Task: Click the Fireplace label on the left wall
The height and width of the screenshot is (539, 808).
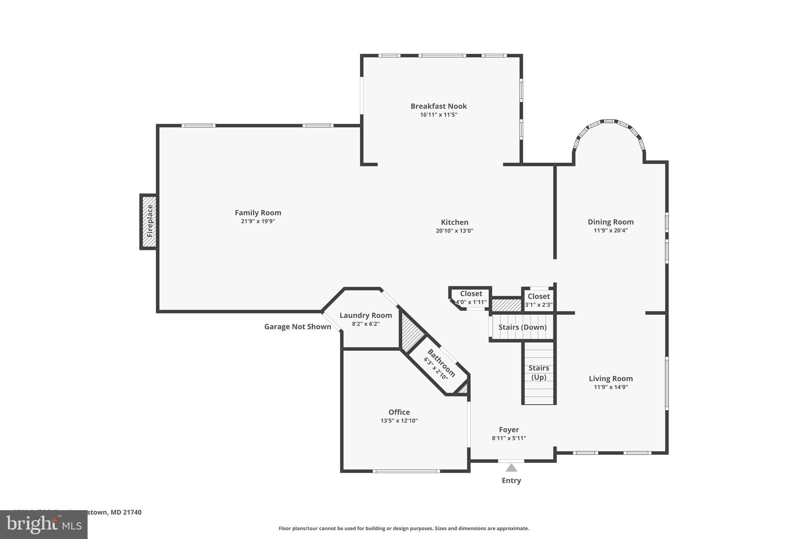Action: [150, 221]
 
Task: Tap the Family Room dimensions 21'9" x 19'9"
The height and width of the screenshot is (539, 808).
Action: [258, 222]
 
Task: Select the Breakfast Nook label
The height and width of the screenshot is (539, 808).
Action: [438, 106]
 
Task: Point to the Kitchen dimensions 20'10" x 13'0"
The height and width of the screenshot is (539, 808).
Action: [454, 231]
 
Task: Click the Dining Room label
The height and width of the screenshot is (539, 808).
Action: [610, 222]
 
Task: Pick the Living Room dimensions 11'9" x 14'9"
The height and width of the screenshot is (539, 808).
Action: [610, 387]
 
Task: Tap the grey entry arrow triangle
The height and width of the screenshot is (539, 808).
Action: [511, 468]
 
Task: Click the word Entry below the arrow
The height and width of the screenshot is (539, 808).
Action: [511, 481]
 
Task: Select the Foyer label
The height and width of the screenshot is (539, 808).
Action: [509, 430]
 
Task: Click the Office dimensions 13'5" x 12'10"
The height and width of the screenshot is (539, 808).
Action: [399, 421]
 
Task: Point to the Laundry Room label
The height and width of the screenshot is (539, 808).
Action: [366, 315]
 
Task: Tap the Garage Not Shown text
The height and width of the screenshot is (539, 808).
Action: [297, 327]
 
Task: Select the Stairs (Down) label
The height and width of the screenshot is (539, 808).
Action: [522, 327]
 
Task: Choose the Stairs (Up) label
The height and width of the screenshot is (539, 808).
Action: [539, 372]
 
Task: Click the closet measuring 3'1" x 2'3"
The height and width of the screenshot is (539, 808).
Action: [539, 300]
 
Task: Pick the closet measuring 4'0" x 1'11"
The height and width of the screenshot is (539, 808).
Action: [471, 298]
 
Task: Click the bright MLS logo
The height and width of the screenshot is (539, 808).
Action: [44, 524]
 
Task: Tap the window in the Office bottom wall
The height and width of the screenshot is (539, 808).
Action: [406, 471]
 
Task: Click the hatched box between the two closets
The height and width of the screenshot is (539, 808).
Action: [507, 305]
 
